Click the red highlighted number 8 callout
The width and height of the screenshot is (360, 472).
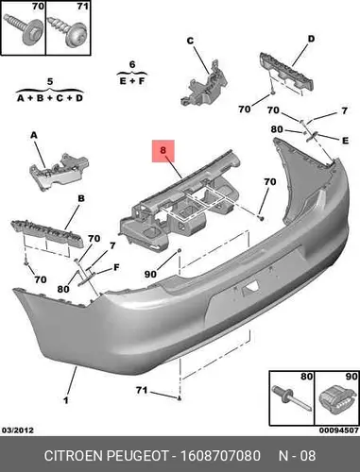pyautogui.click(x=163, y=151)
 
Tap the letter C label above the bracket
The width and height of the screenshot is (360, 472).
pyautogui.click(x=190, y=41)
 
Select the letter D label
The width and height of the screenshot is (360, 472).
pyautogui.click(x=311, y=39)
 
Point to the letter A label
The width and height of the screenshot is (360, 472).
pyautogui.click(x=34, y=135)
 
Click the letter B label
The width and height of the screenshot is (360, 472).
pyautogui.click(x=81, y=198)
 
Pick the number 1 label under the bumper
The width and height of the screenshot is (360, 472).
pyautogui.click(x=66, y=400)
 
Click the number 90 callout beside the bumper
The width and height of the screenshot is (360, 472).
pyautogui.click(x=150, y=274)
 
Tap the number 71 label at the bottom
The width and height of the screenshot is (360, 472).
pyautogui.click(x=142, y=390)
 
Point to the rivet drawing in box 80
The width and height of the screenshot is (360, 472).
pyautogui.click(x=291, y=398)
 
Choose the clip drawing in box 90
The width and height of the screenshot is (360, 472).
pyautogui.click(x=335, y=399)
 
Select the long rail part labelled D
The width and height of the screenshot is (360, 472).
pyautogui.click(x=287, y=72)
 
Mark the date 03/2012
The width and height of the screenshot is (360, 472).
pyautogui.click(x=18, y=430)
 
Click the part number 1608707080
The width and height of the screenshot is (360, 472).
pyautogui.click(x=220, y=456)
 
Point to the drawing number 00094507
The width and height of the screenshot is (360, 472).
pyautogui.click(x=339, y=430)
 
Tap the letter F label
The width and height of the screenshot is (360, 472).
pyautogui.click(x=116, y=267)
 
